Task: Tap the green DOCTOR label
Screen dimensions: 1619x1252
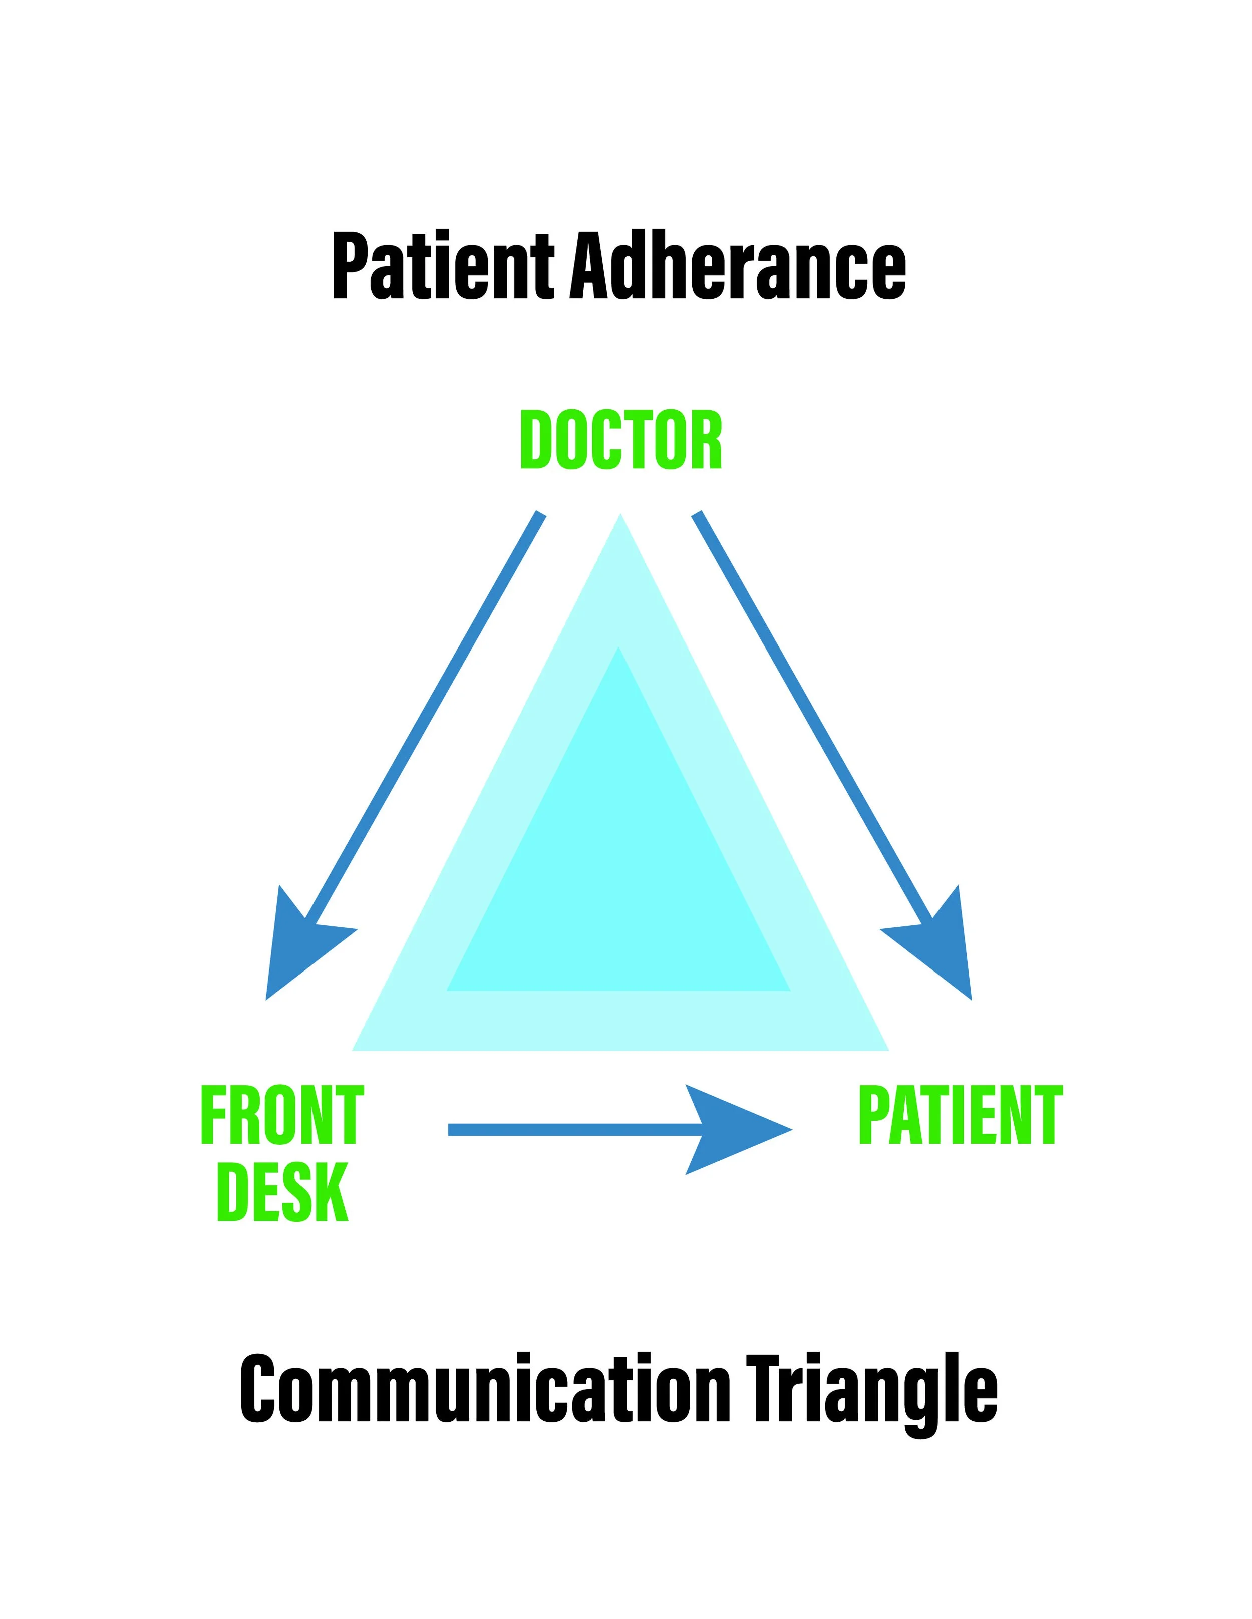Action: tap(621, 441)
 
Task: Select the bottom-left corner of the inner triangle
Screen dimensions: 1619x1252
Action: tap(449, 989)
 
